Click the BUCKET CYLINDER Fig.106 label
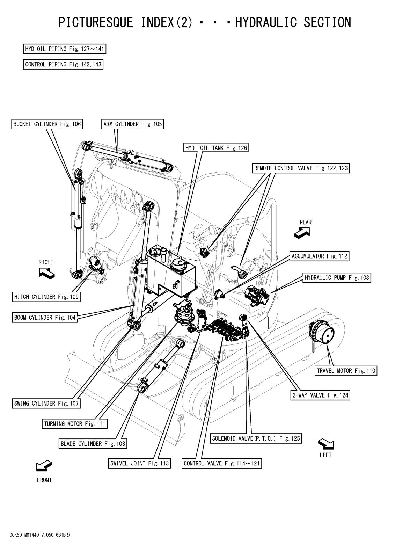[x=47, y=124]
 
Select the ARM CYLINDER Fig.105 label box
[x=132, y=124]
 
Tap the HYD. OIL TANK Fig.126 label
[x=216, y=148]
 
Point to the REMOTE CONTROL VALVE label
[x=300, y=168]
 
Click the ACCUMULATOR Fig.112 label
[x=320, y=256]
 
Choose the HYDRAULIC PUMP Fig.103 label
[x=337, y=277]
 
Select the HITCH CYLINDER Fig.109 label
[x=46, y=297]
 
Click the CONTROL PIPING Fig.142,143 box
[x=63, y=64]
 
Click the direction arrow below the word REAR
[x=302, y=234]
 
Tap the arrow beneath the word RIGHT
[x=47, y=274]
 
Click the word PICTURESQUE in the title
[x=96, y=22]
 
